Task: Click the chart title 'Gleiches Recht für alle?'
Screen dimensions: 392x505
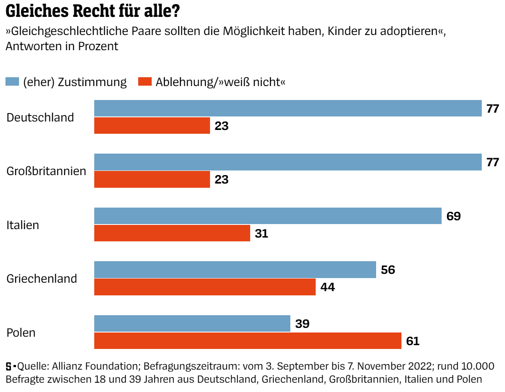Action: point(90,11)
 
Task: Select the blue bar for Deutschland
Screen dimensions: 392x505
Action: point(287,108)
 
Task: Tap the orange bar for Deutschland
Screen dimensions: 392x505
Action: point(152,126)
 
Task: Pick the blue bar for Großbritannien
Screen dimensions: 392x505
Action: point(287,162)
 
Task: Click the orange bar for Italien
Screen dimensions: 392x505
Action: point(172,233)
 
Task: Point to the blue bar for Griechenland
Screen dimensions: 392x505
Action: point(235,270)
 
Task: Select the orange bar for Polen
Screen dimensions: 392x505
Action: point(247,341)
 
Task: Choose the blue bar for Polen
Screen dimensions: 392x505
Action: point(192,324)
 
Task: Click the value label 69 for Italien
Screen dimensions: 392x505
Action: point(453,216)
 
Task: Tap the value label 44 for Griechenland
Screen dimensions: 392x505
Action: point(328,287)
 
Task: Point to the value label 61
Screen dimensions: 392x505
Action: point(412,341)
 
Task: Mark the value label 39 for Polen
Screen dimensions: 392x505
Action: point(302,324)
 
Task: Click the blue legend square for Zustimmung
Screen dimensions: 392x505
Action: point(12,82)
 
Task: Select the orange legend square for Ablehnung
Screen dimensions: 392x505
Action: point(145,82)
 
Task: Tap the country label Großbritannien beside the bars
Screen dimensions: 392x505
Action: point(46,171)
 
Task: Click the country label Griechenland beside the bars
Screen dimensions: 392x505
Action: point(42,278)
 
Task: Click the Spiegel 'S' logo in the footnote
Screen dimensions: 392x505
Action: point(9,365)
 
